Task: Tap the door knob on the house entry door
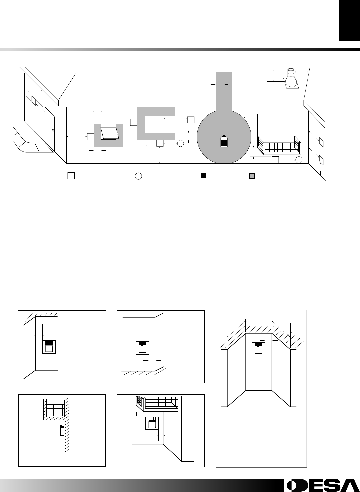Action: click(53, 130)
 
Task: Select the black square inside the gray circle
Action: click(224, 143)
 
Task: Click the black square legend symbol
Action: click(203, 176)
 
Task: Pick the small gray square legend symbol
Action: click(252, 176)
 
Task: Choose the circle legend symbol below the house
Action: click(138, 176)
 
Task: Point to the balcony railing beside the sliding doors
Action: click(279, 145)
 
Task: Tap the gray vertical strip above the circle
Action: click(224, 91)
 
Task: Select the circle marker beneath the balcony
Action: click(299, 160)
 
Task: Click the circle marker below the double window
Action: click(180, 143)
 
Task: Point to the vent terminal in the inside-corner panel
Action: click(49, 347)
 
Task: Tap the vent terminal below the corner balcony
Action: click(152, 423)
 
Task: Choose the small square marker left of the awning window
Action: click(91, 136)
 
